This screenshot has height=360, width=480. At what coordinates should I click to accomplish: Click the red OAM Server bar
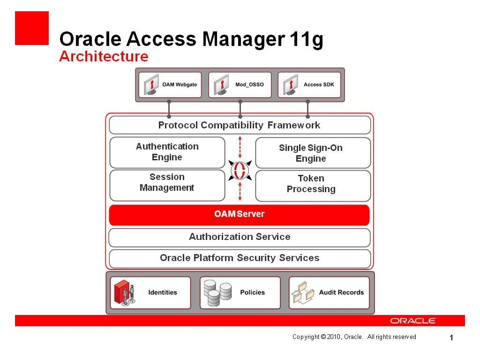[239, 215]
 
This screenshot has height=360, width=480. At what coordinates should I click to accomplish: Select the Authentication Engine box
[167, 152]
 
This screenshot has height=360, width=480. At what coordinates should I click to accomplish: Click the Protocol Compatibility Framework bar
[239, 125]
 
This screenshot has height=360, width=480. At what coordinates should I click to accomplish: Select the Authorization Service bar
[239, 237]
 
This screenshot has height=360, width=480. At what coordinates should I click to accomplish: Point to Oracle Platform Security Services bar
[239, 258]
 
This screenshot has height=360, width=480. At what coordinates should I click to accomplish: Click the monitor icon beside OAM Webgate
[151, 85]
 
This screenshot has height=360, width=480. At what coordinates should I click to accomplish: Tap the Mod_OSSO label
[249, 85]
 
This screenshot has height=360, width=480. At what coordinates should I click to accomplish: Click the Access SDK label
[319, 85]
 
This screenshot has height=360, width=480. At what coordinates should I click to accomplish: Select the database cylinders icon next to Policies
[218, 293]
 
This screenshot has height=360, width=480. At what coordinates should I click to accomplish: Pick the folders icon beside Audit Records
[303, 293]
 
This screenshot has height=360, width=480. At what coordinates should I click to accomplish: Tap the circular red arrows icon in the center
[240, 170]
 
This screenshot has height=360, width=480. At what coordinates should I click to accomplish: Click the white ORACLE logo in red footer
[413, 321]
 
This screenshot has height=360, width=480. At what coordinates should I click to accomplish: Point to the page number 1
[451, 338]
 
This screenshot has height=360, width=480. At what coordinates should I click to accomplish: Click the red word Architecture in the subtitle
[104, 57]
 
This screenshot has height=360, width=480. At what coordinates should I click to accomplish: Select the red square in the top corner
[32, 28]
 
